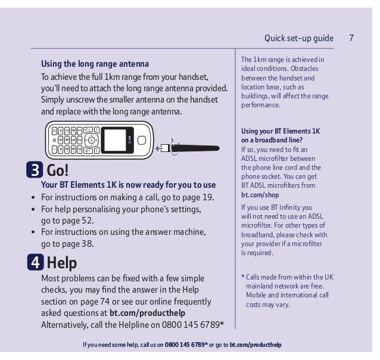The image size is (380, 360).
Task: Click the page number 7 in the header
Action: pyautogui.click(x=352, y=38)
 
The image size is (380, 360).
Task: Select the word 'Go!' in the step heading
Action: pyautogui.click(x=58, y=171)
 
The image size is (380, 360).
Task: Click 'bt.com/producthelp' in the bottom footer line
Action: pyautogui.click(x=256, y=345)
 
